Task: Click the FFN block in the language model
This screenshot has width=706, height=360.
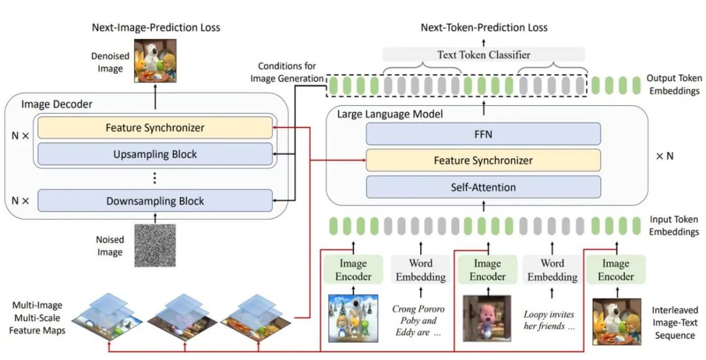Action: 483,134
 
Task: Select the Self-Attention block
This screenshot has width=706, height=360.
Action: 483,188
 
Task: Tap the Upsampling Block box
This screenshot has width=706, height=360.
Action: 155,154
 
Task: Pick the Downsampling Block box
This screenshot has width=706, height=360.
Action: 155,201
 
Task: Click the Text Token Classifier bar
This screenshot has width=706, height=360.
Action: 484,55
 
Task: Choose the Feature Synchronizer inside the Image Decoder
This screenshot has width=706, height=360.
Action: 155,128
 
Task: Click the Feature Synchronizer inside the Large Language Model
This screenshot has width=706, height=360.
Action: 483,161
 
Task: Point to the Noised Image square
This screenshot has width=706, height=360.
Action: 156,245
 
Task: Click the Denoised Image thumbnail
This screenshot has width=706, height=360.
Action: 156,61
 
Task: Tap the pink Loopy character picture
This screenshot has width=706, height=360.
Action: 487,319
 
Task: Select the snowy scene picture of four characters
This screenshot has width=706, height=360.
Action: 353,318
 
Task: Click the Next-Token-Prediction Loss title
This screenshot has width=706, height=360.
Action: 484,27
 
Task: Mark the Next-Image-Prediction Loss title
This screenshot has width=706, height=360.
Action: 156,27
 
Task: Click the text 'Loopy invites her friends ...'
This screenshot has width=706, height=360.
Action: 549,320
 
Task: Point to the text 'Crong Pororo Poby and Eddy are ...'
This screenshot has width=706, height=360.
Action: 418,321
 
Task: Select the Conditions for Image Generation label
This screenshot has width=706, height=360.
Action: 287,73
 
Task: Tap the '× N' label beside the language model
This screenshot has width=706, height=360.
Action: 665,156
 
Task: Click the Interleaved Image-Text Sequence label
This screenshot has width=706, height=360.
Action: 675,323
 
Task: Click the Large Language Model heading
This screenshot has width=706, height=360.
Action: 390,114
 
